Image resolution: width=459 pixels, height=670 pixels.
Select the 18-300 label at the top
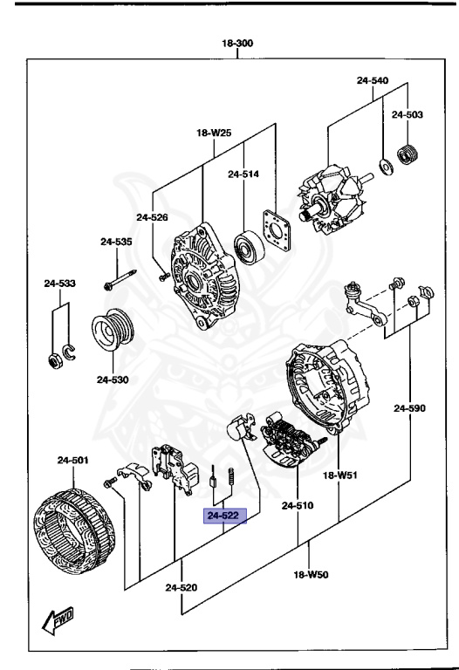[238, 43]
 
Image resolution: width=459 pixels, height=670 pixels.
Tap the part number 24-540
[373, 81]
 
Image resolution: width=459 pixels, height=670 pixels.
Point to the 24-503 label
[407, 114]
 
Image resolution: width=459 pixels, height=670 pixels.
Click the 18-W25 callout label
[215, 133]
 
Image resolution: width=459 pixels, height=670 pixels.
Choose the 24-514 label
[244, 174]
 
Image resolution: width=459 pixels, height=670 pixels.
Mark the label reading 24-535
[115, 242]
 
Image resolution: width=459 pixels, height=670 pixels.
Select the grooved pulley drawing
[112, 332]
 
